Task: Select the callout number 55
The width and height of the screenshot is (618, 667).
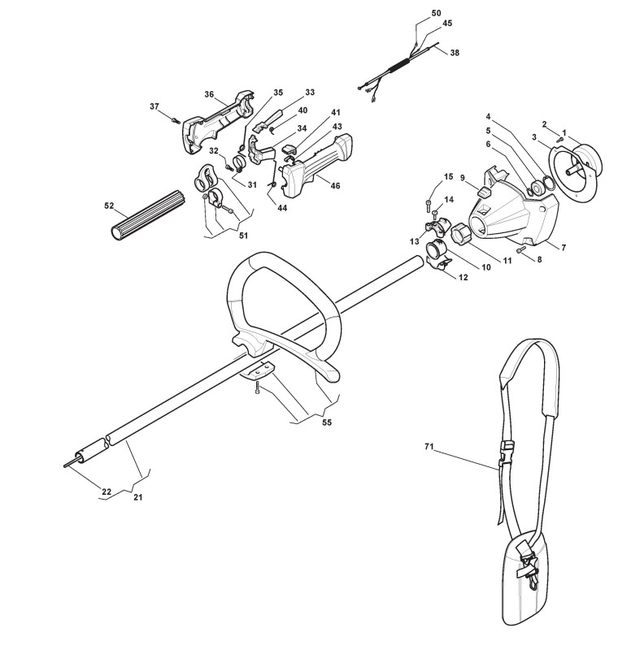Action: tap(327, 423)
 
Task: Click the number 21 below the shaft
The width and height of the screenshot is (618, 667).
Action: tap(137, 496)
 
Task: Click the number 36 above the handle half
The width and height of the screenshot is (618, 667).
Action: tap(209, 95)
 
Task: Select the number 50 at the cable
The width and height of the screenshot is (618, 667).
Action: tap(436, 14)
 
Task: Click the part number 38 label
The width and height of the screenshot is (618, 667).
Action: tap(454, 52)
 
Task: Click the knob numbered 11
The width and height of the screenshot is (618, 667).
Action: tap(461, 235)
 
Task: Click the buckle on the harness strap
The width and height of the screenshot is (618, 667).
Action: tap(506, 448)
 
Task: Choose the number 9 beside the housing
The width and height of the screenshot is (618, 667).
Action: tap(461, 178)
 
